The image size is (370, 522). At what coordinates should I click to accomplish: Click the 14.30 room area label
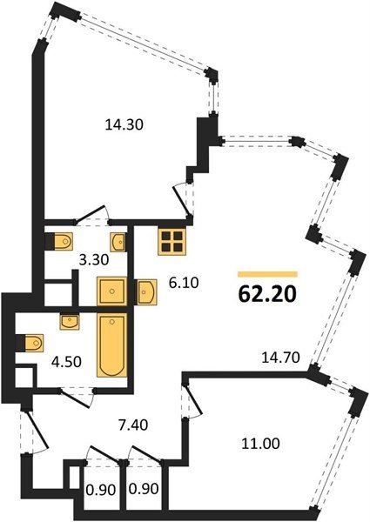tap(124, 124)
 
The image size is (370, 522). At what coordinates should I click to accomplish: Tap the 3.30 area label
tap(94, 259)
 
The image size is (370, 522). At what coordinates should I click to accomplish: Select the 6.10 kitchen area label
tap(184, 283)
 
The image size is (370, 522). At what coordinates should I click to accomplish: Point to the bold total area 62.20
tap(267, 294)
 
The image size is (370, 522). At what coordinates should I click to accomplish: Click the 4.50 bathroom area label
tap(66, 362)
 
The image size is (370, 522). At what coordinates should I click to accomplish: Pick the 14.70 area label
tap(281, 358)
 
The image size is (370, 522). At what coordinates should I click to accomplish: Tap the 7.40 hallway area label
tap(133, 425)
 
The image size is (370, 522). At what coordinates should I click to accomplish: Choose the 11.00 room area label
tap(261, 444)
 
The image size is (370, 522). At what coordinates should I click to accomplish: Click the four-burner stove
tap(172, 242)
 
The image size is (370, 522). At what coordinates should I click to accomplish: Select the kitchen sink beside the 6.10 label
tap(147, 291)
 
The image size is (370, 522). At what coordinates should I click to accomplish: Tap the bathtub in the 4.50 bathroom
tap(112, 345)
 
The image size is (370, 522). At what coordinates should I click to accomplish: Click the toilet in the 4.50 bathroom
tap(30, 343)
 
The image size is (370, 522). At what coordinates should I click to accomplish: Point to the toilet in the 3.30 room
tap(59, 241)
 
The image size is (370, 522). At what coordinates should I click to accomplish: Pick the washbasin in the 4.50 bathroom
tap(70, 322)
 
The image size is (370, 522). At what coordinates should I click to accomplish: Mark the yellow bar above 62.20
tap(267, 274)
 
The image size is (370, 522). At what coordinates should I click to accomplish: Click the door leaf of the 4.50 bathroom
tap(75, 398)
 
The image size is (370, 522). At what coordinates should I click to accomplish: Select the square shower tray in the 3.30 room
tap(112, 291)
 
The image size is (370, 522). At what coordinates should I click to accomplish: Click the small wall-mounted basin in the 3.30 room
tap(118, 241)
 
